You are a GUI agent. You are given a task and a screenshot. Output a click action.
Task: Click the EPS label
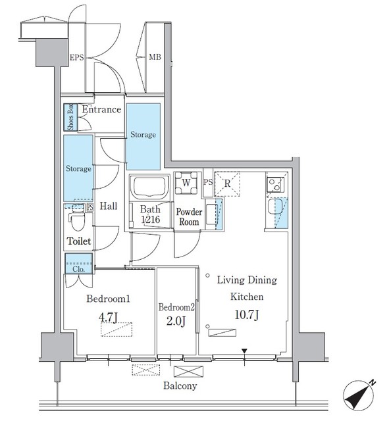click(77, 58)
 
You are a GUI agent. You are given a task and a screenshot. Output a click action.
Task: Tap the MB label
click(155, 58)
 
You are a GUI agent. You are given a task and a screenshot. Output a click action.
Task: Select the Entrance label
click(101, 110)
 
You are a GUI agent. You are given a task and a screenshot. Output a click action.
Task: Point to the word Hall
click(108, 207)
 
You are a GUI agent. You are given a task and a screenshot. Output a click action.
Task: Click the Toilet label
click(78, 242)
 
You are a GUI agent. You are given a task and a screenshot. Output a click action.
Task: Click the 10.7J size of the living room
click(247, 315)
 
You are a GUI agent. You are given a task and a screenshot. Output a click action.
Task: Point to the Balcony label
click(180, 386)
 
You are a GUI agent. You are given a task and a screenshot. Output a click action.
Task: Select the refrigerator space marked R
click(227, 184)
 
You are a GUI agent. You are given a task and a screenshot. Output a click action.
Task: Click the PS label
click(208, 182)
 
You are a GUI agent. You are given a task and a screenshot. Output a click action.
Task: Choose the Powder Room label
click(189, 218)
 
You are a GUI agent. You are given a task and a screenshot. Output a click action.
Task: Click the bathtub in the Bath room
click(149, 188)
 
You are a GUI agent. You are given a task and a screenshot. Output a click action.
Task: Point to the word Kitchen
click(247, 297)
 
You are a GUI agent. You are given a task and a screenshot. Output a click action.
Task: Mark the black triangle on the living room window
click(244, 351)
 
